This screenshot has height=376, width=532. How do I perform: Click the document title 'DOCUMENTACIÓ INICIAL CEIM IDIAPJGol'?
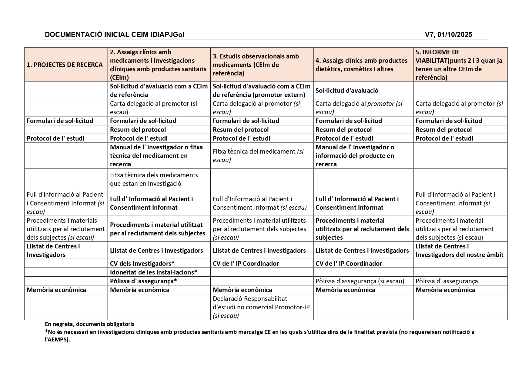click(x=114, y=35)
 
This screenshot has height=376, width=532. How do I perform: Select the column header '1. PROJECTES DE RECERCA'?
click(x=65, y=65)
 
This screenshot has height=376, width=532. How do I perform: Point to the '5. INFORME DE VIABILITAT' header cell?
click(x=459, y=65)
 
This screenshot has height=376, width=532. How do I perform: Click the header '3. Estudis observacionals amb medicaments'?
click(x=256, y=65)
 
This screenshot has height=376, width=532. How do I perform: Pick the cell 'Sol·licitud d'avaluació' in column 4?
click(x=347, y=91)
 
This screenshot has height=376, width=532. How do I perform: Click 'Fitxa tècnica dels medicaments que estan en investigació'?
click(x=154, y=179)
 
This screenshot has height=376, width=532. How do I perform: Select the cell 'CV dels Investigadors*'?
click(x=142, y=263)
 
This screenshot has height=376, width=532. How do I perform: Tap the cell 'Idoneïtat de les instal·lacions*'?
click(x=153, y=272)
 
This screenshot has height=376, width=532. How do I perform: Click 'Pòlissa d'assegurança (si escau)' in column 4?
click(x=360, y=281)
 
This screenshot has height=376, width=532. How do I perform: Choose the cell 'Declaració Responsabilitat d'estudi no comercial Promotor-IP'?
click(x=261, y=307)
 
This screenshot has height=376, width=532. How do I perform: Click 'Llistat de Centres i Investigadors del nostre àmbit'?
click(x=459, y=250)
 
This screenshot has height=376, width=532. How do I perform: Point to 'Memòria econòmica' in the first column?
click(x=56, y=290)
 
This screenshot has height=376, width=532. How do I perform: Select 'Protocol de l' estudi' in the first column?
click(x=55, y=138)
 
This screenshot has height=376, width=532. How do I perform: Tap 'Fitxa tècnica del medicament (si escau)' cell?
click(x=258, y=155)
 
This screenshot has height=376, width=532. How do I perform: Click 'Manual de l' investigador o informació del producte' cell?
click(x=355, y=155)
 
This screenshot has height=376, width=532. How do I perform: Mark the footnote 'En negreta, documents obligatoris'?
click(x=89, y=324)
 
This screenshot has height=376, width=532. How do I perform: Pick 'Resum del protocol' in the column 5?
click(x=443, y=129)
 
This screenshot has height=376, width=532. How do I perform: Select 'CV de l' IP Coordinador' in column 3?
click(x=246, y=263)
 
